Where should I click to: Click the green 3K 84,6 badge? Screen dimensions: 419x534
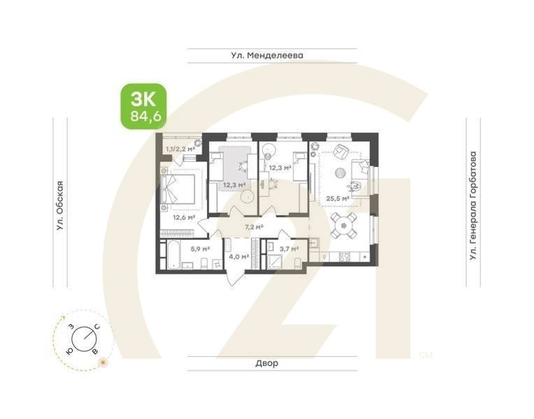pos(143,106)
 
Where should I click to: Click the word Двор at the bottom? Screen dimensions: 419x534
pos(266,363)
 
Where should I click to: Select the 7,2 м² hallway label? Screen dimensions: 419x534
pos(254,227)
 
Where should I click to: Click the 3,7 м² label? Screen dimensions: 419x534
pos(289,248)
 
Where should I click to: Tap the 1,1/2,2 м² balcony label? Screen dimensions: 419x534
pos(180,148)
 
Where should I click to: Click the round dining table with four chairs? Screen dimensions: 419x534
pos(343,223)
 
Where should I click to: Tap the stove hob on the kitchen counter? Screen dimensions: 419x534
pos(345,256)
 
